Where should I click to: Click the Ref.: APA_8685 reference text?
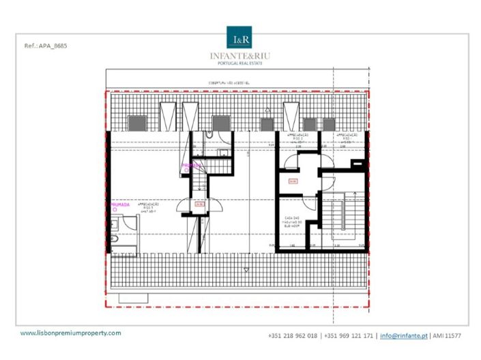pos(46,46)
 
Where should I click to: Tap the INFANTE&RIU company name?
pos(240,55)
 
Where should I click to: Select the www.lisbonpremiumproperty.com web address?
pos(71,333)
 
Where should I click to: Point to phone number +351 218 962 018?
pos(293,335)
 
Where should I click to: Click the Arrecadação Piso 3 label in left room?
pos(149,207)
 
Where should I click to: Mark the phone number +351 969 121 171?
pos(349,335)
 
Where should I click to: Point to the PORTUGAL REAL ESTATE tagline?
pos(240,63)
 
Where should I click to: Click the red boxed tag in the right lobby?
pos(293,181)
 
